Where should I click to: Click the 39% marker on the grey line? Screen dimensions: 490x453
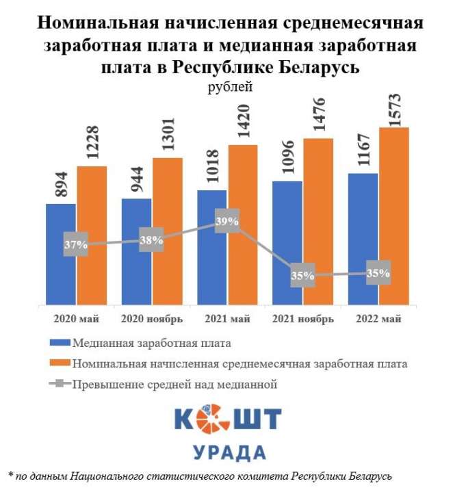pos(227,221)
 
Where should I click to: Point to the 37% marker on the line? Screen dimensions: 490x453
pos(76,244)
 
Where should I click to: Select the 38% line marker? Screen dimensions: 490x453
pos(151,240)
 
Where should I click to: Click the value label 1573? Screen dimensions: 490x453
pos(393,103)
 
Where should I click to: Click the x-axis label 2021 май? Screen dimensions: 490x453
pos(226,319)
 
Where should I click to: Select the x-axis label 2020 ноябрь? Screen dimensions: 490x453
pos(152,319)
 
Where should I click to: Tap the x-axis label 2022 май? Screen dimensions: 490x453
pos(378,319)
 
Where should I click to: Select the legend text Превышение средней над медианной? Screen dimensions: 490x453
pos(174,385)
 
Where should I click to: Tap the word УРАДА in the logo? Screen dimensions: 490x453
pos(226,452)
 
